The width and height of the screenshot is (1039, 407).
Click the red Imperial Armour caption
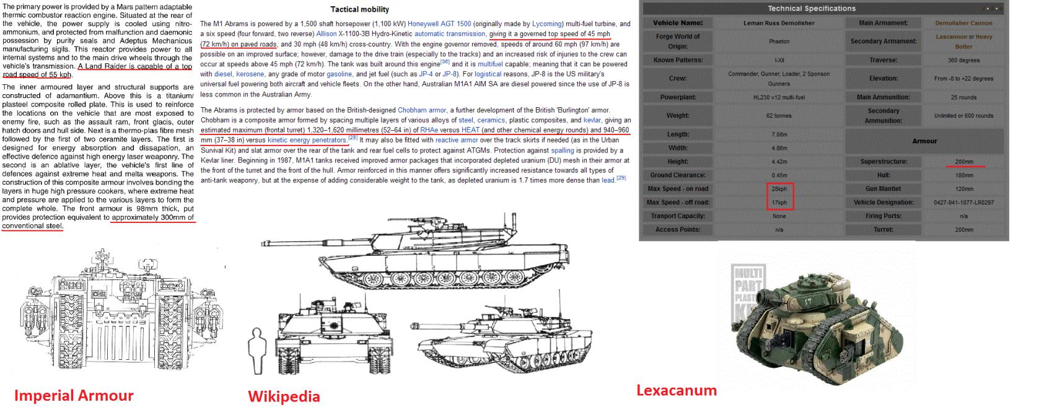[74, 396]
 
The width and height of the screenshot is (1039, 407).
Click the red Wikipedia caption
[284, 396]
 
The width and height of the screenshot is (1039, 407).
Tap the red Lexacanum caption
[677, 390]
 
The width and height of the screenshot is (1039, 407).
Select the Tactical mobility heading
[359, 9]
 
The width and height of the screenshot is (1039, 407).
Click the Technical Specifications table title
[811, 9]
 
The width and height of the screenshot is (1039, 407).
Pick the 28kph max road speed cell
[779, 189]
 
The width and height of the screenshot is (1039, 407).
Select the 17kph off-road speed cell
[779, 203]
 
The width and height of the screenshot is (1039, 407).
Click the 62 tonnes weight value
[779, 116]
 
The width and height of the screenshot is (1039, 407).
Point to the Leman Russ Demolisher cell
[779, 23]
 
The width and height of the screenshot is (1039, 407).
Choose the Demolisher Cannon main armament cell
[963, 23]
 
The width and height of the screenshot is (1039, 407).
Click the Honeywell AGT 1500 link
[439, 24]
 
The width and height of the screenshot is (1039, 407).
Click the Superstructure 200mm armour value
[963, 162]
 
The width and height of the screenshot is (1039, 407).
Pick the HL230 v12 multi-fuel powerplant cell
[779, 97]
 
